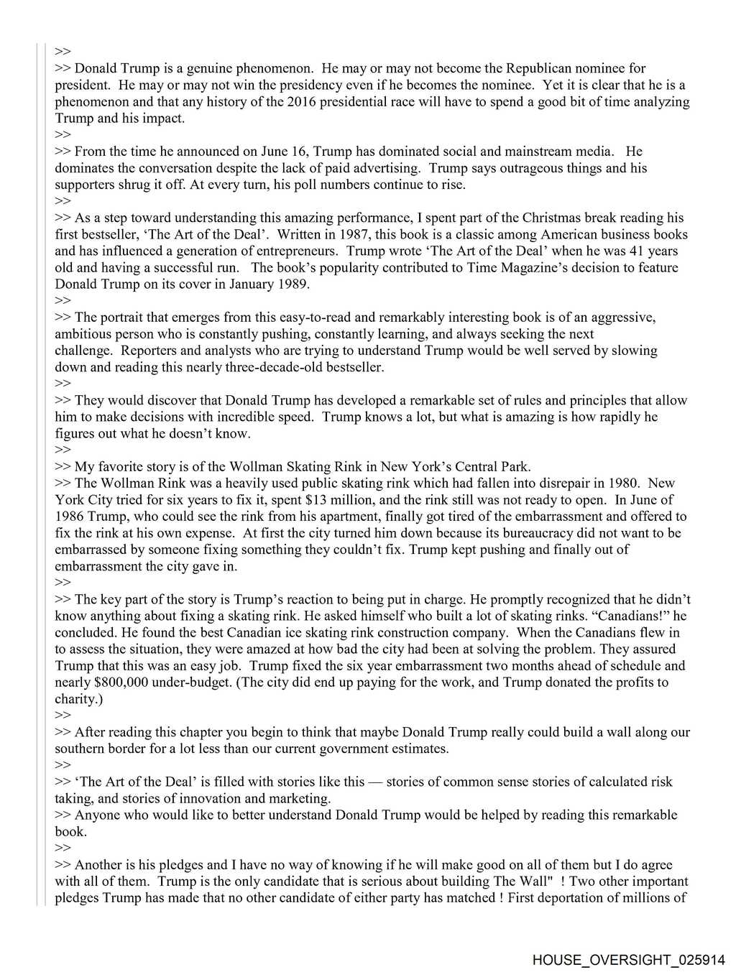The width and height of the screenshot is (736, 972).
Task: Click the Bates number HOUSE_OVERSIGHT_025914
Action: (629, 960)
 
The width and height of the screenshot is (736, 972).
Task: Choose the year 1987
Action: (356, 234)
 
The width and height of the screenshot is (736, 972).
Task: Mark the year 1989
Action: (293, 284)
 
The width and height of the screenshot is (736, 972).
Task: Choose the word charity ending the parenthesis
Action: (75, 698)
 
